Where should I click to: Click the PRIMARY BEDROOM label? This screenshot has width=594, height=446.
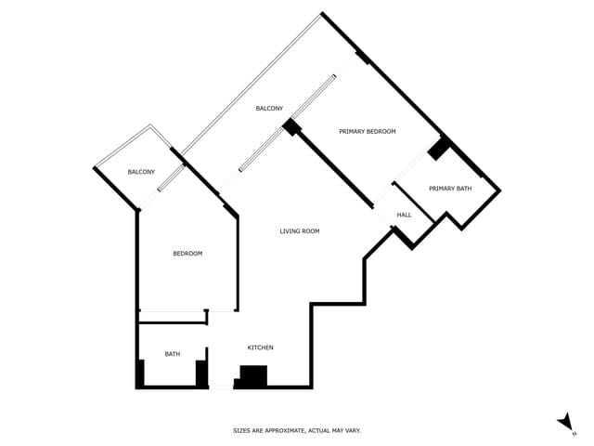point(368,132)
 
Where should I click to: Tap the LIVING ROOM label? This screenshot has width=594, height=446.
point(300,231)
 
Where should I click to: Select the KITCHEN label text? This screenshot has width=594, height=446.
point(260,348)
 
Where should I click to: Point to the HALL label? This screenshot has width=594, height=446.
point(404,215)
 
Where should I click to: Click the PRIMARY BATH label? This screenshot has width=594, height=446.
point(450,189)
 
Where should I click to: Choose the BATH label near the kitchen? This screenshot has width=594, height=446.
point(173,354)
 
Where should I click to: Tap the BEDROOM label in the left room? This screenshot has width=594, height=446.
point(187,254)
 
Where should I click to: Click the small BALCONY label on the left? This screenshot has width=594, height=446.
point(141,172)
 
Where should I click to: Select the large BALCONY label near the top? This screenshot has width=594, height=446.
point(269,109)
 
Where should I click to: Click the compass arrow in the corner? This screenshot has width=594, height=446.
point(564,422)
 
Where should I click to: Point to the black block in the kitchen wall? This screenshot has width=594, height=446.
point(253,375)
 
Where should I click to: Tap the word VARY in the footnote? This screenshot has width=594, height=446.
point(352,431)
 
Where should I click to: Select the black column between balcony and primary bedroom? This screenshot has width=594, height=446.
point(292,127)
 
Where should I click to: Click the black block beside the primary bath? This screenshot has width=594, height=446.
point(438,148)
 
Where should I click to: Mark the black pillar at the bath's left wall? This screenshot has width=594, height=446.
point(140,373)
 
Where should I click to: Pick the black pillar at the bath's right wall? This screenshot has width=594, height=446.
point(200,373)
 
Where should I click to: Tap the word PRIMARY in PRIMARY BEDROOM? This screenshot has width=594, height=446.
point(353,132)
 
